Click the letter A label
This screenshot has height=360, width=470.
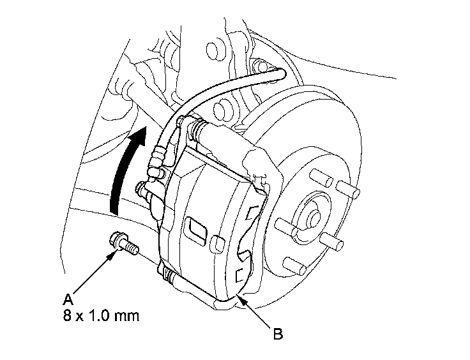[68, 297]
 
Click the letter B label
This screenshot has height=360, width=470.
[277, 333]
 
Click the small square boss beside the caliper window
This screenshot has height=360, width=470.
[216, 242]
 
